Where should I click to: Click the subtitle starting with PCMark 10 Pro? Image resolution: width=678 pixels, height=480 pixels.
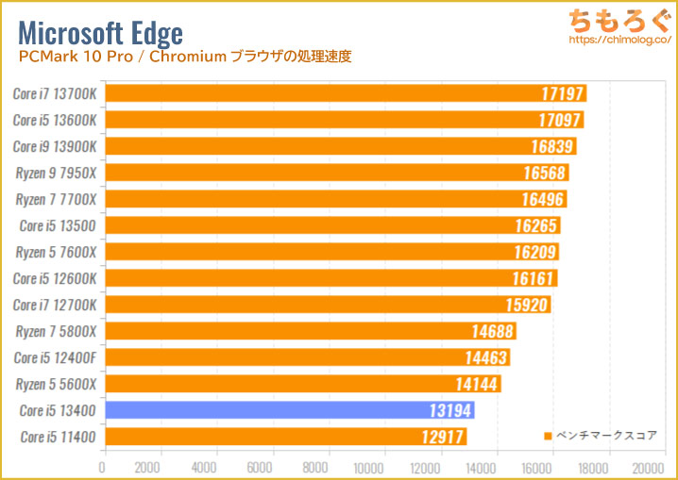coord(184,58)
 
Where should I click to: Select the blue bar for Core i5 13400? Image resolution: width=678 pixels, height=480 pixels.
coord(289,410)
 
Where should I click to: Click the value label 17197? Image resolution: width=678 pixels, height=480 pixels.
coord(560,93)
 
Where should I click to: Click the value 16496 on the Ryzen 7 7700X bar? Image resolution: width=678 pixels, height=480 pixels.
coord(542,199)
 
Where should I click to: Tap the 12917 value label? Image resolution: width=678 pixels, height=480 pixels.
coord(440,437)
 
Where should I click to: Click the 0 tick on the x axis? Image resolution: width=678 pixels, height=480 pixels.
coord(103,466)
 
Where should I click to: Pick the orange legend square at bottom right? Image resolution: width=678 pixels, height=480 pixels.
coord(549,436)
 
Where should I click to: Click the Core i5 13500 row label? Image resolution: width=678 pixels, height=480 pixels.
coord(59,225)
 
